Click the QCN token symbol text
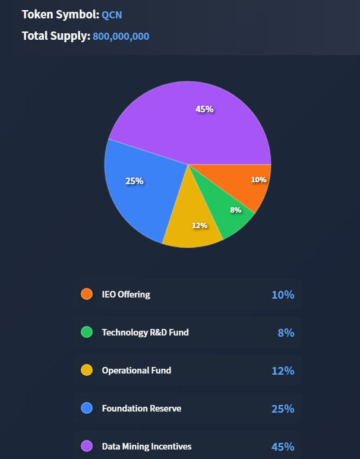112,15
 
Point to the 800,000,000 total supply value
121,36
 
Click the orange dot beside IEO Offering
87,294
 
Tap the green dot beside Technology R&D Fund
87,332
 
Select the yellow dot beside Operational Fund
87,370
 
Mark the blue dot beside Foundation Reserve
87,408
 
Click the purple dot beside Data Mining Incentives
87,446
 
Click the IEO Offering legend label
126,294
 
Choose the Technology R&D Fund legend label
145,332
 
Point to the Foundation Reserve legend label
141,408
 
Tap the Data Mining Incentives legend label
147,446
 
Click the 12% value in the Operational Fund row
282,371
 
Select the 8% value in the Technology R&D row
286,333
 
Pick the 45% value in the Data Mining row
282,447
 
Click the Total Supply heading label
56,36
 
